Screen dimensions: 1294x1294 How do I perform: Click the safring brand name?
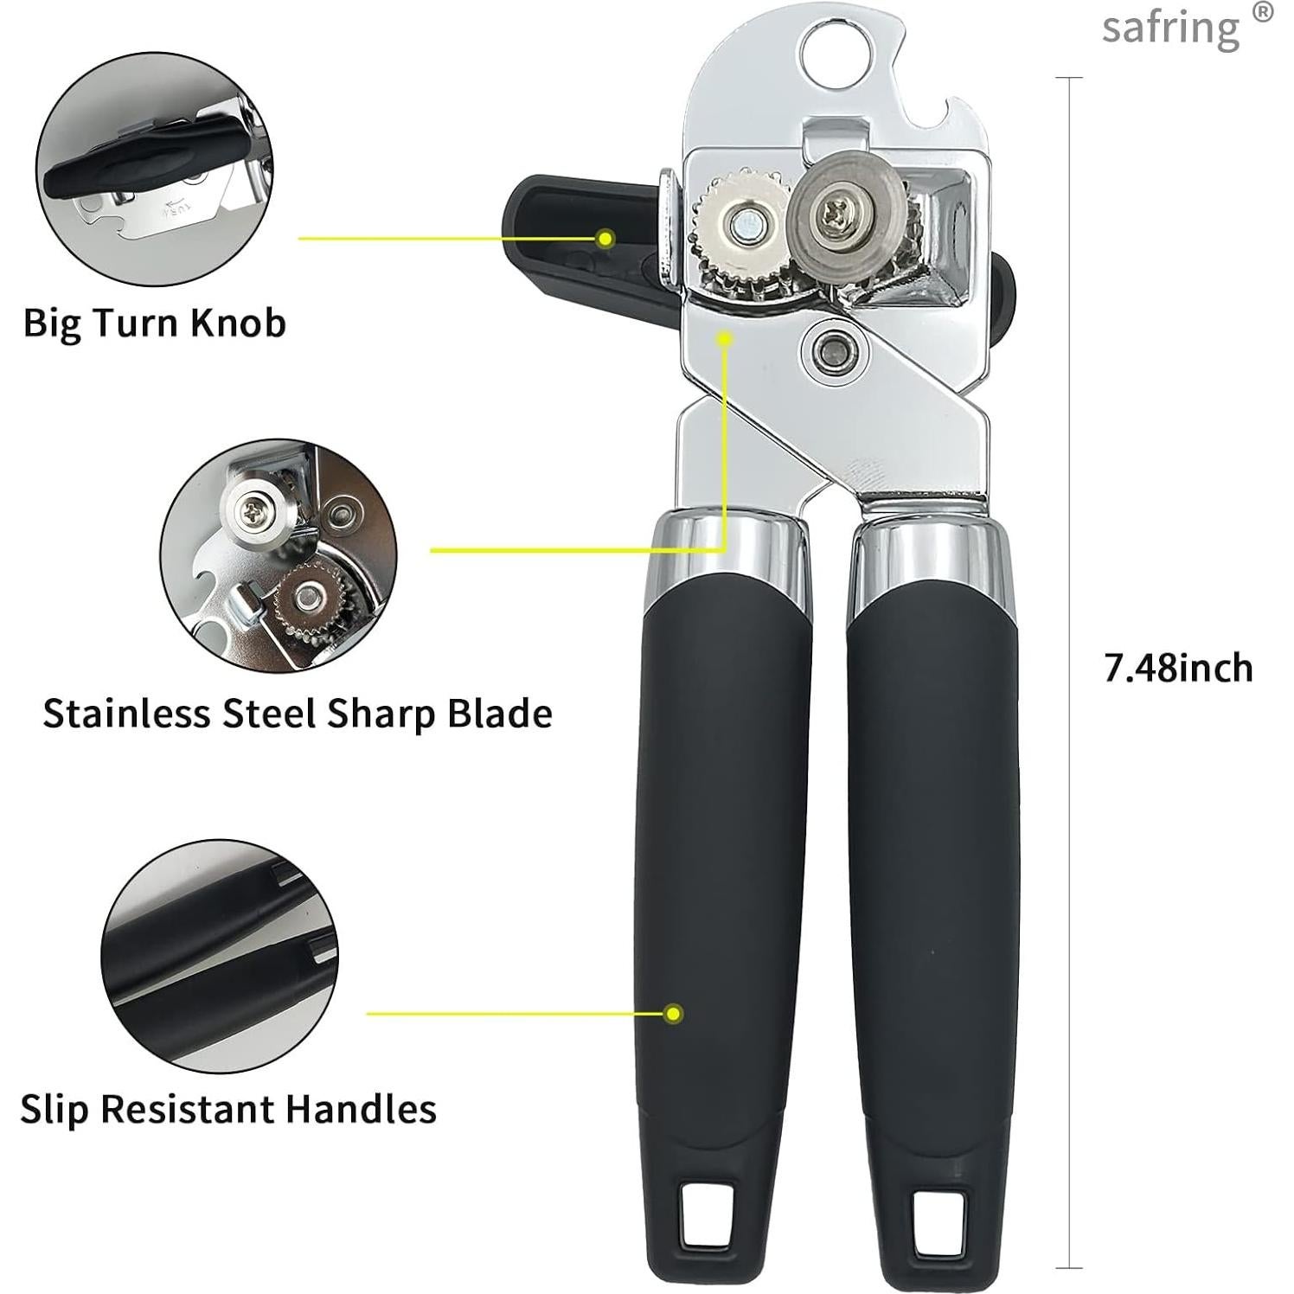pyautogui.click(x=1170, y=29)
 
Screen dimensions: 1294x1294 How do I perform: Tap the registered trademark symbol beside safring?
pyautogui.click(x=1264, y=13)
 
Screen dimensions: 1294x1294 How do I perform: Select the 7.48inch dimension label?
pyautogui.click(x=1178, y=669)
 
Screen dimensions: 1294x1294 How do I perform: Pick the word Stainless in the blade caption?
pyautogui.click(x=127, y=714)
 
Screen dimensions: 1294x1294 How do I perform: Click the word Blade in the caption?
pyautogui.click(x=500, y=714)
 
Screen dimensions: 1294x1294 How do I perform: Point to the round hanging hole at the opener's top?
pyautogui.click(x=837, y=54)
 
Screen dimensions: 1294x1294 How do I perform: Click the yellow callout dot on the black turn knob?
pyautogui.click(x=606, y=238)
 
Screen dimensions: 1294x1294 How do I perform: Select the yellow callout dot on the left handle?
pyautogui.click(x=673, y=1013)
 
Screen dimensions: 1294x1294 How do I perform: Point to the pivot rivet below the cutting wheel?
pyautogui.click(x=835, y=349)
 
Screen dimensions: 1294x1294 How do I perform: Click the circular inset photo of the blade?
pyautogui.click(x=279, y=555)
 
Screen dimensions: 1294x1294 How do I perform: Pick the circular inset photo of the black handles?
pyautogui.click(x=220, y=955)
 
